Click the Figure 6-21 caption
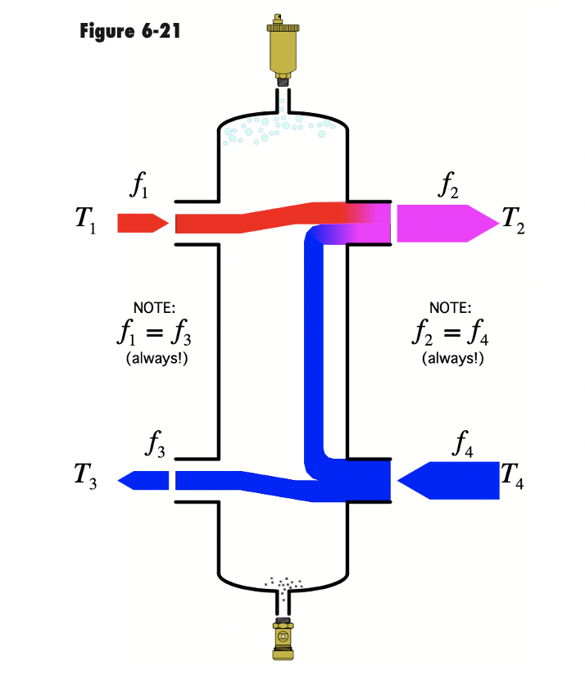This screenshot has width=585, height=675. tap(130, 32)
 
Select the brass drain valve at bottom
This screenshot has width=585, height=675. tap(284, 636)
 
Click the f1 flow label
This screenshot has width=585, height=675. tap(140, 187)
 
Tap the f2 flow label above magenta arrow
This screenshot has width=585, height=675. tap(448, 187)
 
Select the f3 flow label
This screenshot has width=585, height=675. tap(156, 443)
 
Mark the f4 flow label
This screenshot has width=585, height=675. tap(464, 443)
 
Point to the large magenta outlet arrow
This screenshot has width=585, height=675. tap(447, 223)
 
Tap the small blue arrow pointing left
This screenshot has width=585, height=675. tap(144, 480)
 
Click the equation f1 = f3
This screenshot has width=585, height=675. tap(155, 334)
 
